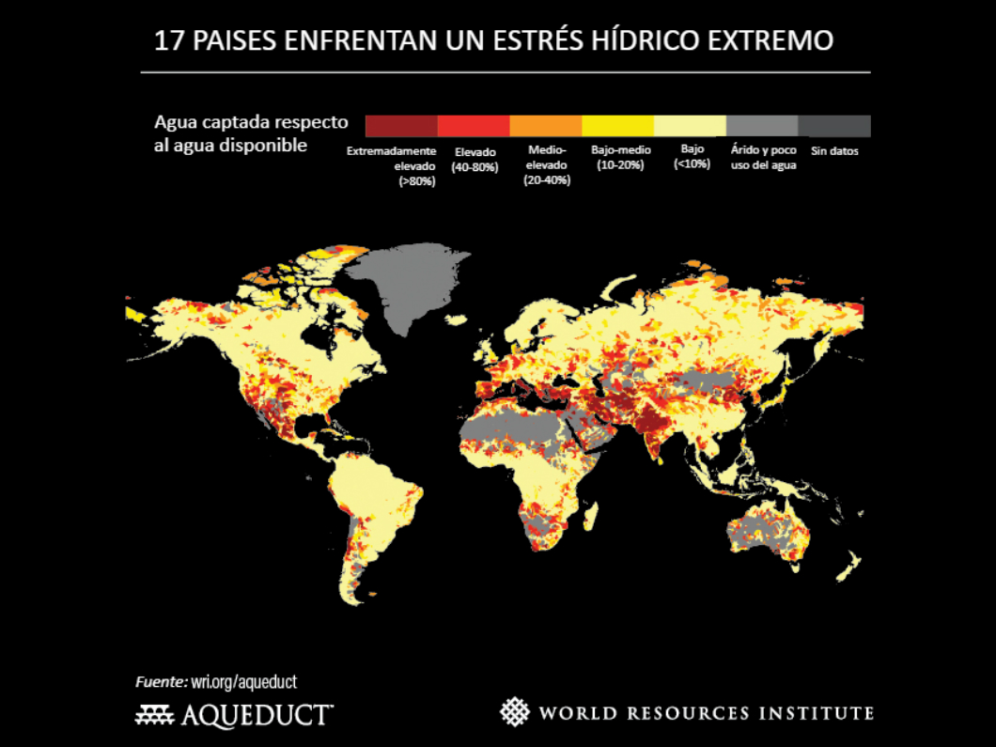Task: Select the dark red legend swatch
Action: tap(401, 126)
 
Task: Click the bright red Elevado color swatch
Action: tap(474, 126)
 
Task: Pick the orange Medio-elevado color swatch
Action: tap(546, 126)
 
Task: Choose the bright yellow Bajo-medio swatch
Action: tap(617, 126)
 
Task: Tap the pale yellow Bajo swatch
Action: tap(690, 126)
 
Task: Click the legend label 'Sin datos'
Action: tap(834, 150)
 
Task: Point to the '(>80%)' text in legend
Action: tap(416, 180)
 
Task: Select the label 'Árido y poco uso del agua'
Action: tap(763, 157)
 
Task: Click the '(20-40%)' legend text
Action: tap(546, 180)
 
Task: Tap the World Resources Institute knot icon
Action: tap(514, 711)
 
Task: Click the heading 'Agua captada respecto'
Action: tap(251, 123)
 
